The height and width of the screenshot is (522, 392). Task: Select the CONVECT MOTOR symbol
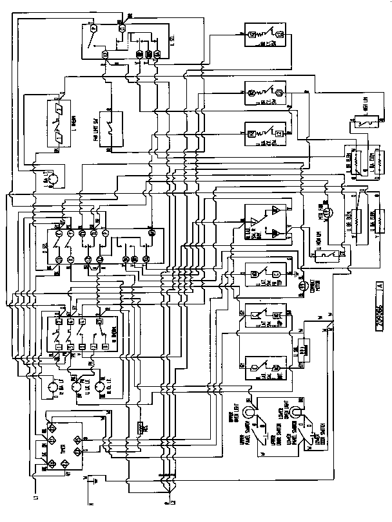(x=300, y=283)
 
